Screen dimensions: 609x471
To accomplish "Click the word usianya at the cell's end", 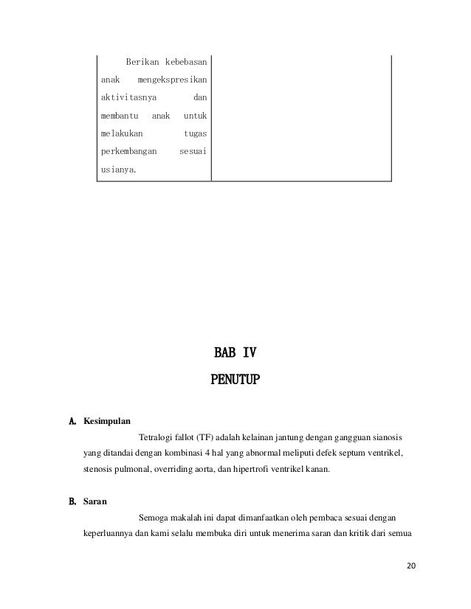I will click(118, 172).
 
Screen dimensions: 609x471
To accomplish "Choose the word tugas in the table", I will click(195, 134).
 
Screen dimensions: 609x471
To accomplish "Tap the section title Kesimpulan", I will click(107, 422).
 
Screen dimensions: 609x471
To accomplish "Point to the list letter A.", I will click(72, 422).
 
